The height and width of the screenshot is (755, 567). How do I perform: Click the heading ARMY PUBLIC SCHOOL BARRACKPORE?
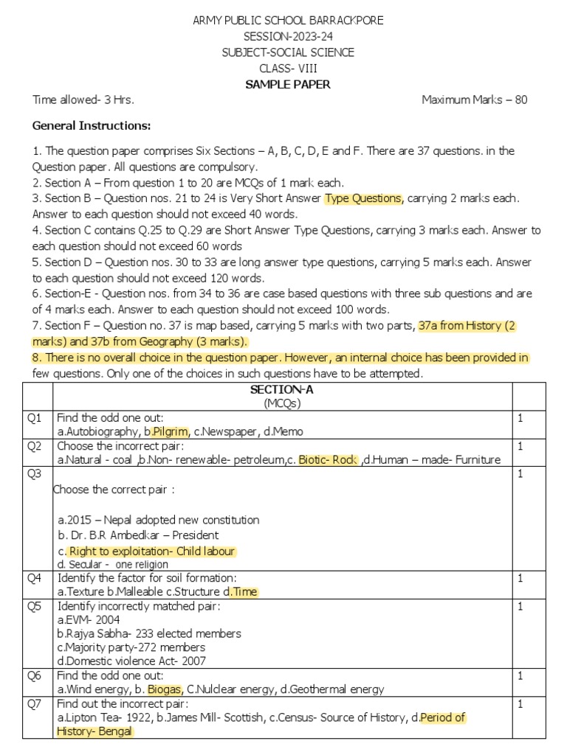click(287, 20)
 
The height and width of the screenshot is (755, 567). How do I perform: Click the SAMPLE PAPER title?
click(287, 84)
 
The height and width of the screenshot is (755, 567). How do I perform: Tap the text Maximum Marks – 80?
click(474, 100)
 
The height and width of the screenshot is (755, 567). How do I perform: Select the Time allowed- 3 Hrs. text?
click(83, 100)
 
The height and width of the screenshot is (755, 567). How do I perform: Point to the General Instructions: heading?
click(92, 125)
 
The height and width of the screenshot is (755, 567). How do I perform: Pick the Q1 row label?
click(35, 418)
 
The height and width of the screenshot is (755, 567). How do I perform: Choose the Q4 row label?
click(35, 578)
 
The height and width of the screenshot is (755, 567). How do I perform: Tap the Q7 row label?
click(35, 703)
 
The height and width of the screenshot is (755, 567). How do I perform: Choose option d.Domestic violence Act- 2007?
click(131, 661)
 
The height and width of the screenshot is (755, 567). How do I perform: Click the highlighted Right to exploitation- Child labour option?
click(151, 552)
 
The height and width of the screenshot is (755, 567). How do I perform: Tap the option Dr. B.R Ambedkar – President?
click(138, 535)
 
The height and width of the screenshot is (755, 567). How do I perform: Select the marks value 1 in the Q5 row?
click(520, 606)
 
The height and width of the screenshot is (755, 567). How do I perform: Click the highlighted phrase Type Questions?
click(363, 198)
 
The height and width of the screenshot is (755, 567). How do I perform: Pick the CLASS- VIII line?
click(287, 69)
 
